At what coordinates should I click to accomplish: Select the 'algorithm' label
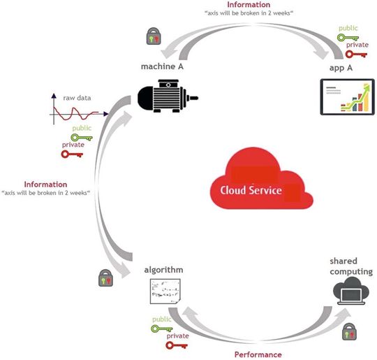[x=164, y=269]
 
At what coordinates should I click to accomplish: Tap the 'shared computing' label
[x=350, y=266]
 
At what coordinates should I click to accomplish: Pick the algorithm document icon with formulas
[x=165, y=296]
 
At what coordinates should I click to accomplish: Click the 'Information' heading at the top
[x=249, y=5]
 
